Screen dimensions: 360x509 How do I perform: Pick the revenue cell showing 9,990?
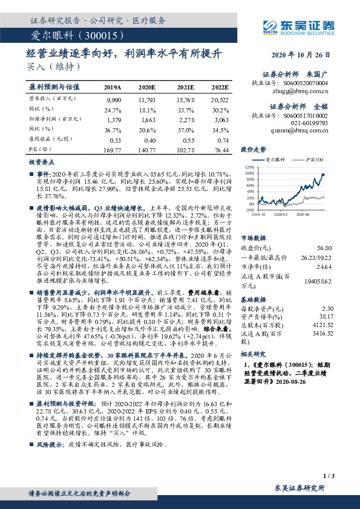(114, 99)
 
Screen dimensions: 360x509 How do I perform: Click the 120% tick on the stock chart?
(247, 166)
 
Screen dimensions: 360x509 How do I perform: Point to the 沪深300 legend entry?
(310, 159)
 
